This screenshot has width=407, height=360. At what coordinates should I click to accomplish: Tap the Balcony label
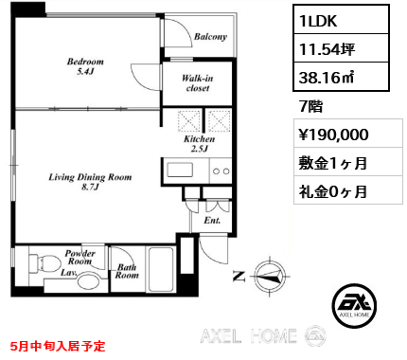210,37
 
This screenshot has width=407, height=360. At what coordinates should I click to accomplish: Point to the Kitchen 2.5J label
201,144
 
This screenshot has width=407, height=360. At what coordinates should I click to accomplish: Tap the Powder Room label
80,258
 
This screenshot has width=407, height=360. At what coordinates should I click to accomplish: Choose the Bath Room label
128,273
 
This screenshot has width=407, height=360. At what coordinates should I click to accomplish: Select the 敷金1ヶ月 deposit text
328,163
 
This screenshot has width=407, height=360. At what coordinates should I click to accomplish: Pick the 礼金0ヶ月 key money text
328,191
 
